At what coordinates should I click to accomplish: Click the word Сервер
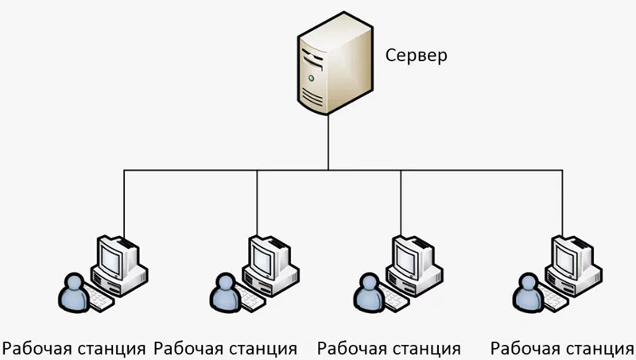pyautogui.click(x=416, y=56)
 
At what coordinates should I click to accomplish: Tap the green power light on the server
pyautogui.click(x=312, y=79)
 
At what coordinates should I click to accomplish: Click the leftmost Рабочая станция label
pyautogui.click(x=74, y=348)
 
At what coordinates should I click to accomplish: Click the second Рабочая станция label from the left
pyautogui.click(x=225, y=348)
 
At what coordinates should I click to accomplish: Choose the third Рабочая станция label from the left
pyautogui.click(x=389, y=348)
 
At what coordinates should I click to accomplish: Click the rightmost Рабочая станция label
pyautogui.click(x=562, y=348)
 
